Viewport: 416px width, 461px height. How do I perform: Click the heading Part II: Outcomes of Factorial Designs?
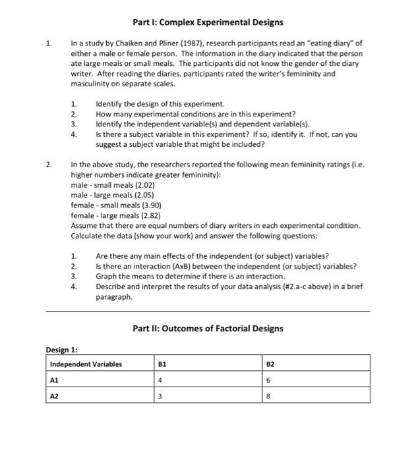[x=208, y=328]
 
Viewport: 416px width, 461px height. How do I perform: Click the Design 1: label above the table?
[x=64, y=350]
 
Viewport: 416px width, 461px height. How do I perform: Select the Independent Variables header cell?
[x=86, y=364]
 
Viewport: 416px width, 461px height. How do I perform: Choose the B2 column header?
[x=270, y=364]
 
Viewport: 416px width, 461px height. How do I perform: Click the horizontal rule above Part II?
[x=208, y=311]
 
